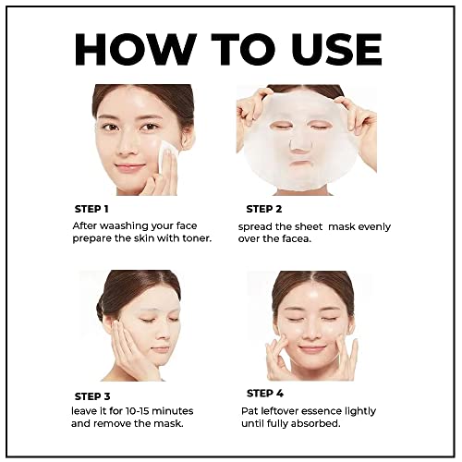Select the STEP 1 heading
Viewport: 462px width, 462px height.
91,209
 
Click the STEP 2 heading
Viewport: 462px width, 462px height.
265,209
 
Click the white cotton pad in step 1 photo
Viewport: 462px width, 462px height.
167,159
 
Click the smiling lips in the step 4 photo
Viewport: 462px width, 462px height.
313,348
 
